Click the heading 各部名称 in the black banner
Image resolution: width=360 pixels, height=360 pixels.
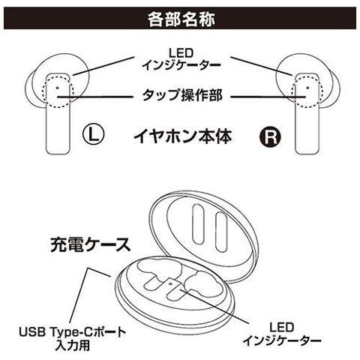pos(181,19)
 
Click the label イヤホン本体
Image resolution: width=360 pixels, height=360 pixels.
pos(183,136)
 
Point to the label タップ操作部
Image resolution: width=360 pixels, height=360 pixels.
pos(182,95)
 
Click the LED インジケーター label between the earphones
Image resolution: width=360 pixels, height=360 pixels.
pos(181,59)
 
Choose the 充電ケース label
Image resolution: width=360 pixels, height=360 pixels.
pos(91,244)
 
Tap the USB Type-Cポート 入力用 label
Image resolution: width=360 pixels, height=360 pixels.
pos(73,338)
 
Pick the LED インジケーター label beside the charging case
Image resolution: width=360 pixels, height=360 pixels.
pos(282,334)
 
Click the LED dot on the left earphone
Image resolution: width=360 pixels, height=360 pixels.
pos(58,88)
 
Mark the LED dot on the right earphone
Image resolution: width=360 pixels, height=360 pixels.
pos(307,88)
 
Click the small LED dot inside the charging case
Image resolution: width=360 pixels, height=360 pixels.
pos(171,283)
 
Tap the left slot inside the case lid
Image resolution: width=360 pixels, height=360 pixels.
pos(199,224)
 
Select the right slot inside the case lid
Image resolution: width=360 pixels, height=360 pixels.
pos(220,232)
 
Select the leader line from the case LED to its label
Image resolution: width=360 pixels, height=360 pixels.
pos(214,305)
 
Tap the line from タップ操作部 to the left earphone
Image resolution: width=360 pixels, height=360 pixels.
pos(94,96)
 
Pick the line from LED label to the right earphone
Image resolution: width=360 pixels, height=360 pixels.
pos(261,66)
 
